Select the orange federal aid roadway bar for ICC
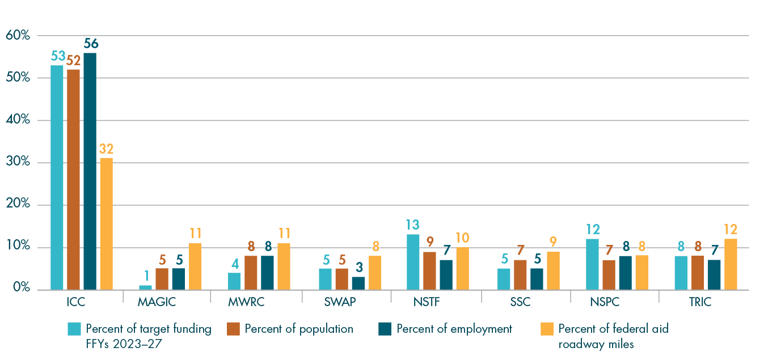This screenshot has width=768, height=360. point(106,224)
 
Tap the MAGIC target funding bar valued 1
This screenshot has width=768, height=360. point(146,287)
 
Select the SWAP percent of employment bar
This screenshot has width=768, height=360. point(358,283)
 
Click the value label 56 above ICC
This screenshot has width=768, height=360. point(90,44)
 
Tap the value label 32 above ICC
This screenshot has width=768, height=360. point(106,149)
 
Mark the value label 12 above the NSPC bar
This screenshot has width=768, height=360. point(592,229)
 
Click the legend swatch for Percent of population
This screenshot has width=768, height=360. point(234,329)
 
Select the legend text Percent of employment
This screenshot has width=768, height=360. point(454,329)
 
